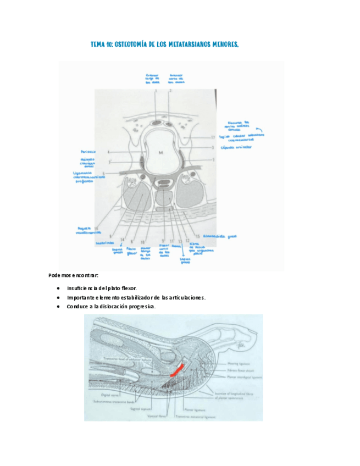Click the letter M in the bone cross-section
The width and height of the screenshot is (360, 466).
(x=161, y=152)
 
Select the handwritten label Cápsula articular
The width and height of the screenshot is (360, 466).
(x=236, y=147)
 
